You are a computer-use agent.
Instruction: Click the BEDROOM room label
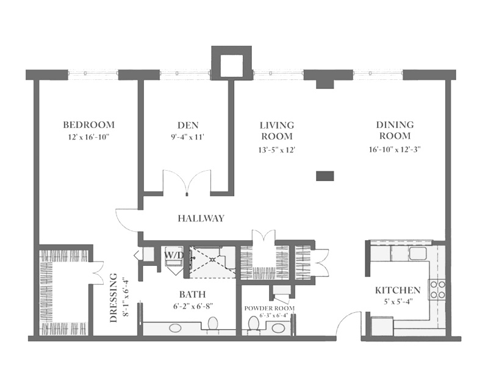tap(89, 125)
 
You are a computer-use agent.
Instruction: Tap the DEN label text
tap(188, 125)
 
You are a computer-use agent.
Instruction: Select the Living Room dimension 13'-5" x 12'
tap(277, 150)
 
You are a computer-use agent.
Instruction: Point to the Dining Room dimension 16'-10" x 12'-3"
tap(395, 149)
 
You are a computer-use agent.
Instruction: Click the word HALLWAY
tap(201, 218)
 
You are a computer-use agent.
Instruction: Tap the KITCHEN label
tap(398, 290)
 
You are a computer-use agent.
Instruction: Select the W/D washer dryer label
tap(174, 255)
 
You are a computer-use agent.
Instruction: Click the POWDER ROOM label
tap(270, 308)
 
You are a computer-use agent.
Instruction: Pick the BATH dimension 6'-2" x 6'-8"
tap(193, 306)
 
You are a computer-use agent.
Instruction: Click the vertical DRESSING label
tap(114, 298)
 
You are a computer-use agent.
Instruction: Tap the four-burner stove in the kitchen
tap(437, 289)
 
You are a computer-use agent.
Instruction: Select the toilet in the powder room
tap(253, 324)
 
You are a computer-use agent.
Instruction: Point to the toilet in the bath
tap(213, 324)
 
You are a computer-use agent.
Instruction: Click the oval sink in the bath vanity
tap(176, 328)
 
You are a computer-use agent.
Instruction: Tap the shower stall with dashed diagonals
tap(213, 262)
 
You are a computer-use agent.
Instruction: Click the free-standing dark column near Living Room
tap(325, 176)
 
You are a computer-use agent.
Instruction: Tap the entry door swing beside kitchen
tap(347, 323)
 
